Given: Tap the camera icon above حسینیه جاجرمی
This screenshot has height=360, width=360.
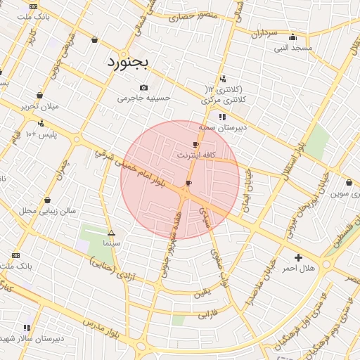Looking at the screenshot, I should (143, 88).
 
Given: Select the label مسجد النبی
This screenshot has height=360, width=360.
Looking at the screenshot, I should (294, 48).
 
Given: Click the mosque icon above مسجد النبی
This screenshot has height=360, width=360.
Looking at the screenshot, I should (292, 37).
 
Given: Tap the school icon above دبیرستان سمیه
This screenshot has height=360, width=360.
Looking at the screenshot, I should (222, 117).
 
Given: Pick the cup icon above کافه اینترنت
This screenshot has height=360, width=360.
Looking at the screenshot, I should (195, 144).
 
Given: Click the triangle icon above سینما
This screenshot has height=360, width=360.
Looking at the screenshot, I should (111, 232).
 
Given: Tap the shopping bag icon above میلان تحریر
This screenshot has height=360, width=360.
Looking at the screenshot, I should (39, 96).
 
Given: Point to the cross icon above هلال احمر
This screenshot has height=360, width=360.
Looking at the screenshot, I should (298, 258).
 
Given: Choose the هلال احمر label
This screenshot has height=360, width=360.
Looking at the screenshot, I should (297, 269).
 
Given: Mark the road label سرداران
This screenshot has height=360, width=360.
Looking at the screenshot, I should (264, 33).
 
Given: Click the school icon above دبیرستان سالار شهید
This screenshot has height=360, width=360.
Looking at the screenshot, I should (27, 328).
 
